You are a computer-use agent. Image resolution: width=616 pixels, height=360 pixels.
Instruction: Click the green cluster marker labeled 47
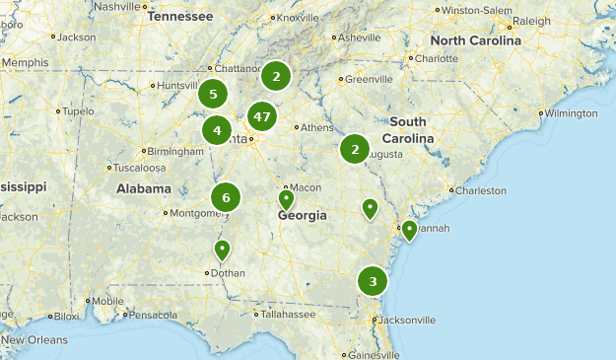[x=261, y=116]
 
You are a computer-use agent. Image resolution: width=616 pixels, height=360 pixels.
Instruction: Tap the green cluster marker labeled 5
[x=213, y=95]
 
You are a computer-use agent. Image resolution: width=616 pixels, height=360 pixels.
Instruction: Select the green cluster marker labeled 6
[x=226, y=197]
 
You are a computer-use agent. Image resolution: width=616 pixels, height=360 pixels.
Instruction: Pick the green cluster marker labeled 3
[x=372, y=282]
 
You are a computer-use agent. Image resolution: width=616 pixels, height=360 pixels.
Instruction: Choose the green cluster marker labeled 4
[x=217, y=129]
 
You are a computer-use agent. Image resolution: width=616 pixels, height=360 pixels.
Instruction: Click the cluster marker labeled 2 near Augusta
[x=354, y=150]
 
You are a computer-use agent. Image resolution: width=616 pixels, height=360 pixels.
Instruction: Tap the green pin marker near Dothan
[x=223, y=249]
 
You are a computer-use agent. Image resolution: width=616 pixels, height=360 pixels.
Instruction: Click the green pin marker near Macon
[x=286, y=199]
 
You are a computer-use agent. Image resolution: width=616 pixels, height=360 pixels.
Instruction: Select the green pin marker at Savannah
[x=409, y=230]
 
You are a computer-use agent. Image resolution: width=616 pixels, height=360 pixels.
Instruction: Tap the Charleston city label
[x=481, y=190]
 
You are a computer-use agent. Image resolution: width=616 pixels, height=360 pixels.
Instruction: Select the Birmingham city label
[x=175, y=151]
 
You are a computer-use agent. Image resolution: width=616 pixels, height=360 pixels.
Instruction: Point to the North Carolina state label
[x=475, y=40]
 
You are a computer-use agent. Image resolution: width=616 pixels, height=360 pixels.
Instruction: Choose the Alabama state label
[x=144, y=188]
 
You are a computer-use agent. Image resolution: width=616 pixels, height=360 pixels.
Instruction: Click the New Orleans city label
[x=30, y=340]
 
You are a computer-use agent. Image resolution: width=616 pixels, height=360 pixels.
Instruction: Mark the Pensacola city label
[x=152, y=316]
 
